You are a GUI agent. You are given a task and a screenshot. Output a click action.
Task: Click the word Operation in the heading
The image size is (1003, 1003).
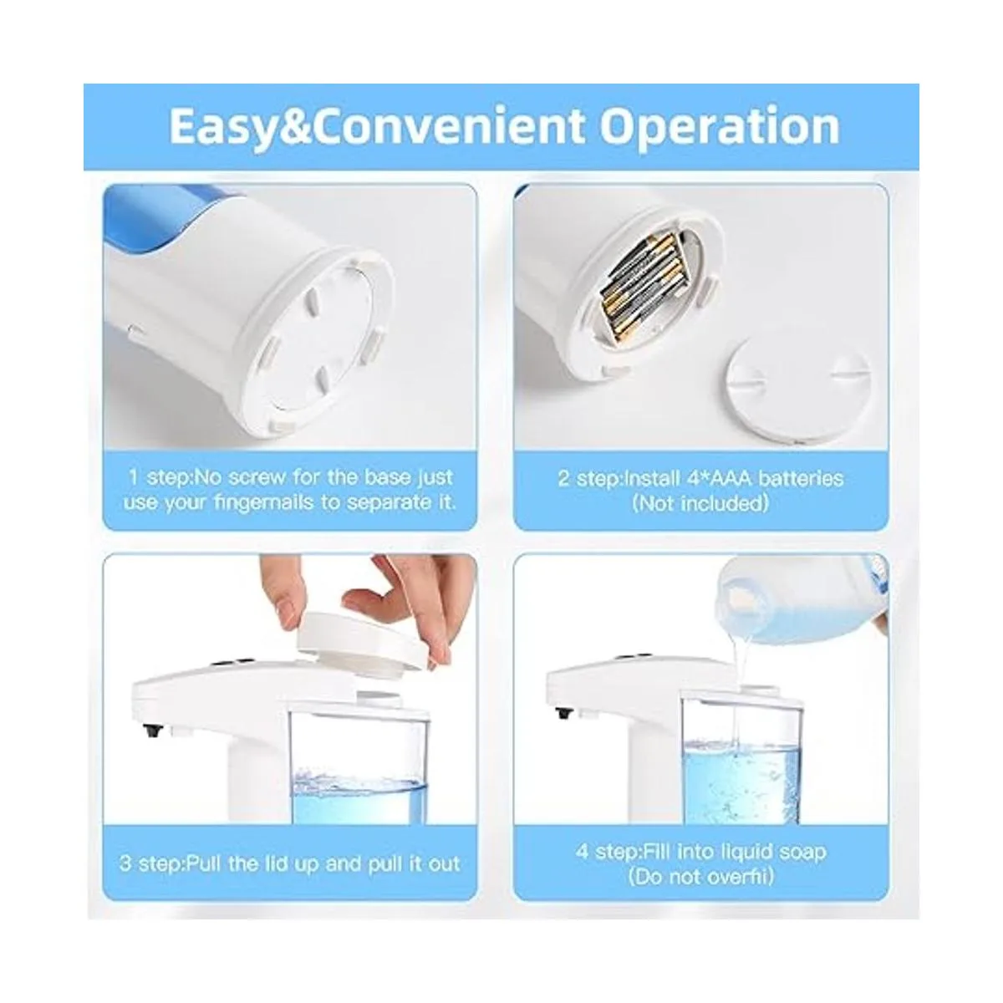(x=720, y=126)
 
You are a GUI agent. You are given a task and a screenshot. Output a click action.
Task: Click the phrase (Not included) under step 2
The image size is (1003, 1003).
(x=700, y=503)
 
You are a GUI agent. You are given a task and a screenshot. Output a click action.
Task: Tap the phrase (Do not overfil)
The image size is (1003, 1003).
(x=700, y=876)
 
